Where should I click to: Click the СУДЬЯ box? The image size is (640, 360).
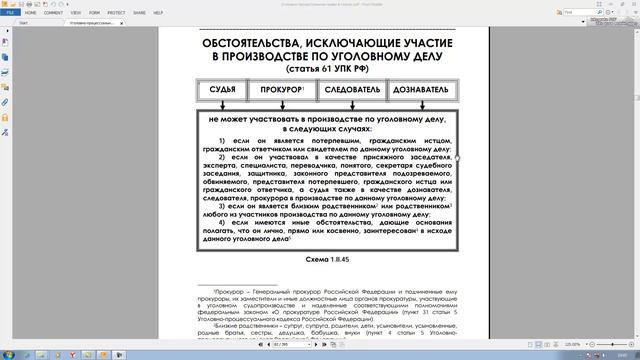(x=223, y=90)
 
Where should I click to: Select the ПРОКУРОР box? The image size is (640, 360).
(x=282, y=90)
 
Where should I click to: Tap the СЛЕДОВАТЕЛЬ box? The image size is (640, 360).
(x=353, y=90)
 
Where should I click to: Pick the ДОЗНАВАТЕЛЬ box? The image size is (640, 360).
(x=421, y=90)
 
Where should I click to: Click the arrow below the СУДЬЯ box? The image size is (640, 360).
(x=223, y=103)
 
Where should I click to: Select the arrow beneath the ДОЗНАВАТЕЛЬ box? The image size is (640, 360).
(x=421, y=103)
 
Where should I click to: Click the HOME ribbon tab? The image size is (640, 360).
(x=30, y=14)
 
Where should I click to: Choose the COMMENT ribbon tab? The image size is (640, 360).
(x=54, y=14)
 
